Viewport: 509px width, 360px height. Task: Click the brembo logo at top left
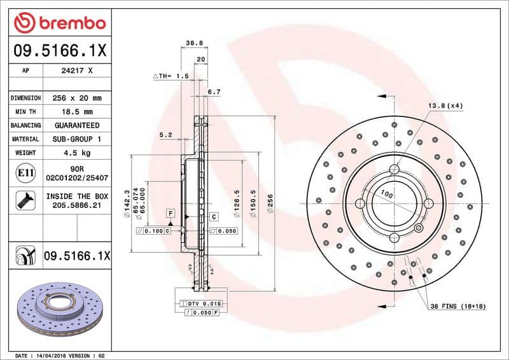pyautogui.click(x=59, y=24)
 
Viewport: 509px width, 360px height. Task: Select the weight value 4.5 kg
pyautogui.click(x=77, y=153)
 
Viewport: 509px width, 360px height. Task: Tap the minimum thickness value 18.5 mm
pyautogui.click(x=77, y=112)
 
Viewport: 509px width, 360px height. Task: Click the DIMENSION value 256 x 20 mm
pyautogui.click(x=77, y=99)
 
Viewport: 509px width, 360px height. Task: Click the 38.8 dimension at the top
pyautogui.click(x=193, y=43)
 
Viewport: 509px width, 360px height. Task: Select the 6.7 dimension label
pyautogui.click(x=214, y=92)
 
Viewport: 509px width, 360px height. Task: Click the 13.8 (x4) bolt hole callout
pyautogui.click(x=445, y=105)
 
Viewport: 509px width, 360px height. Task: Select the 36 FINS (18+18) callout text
pyautogui.click(x=457, y=307)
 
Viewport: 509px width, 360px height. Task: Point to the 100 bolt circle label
pyautogui.click(x=386, y=193)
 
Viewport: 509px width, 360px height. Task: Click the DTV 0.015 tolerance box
pyautogui.click(x=204, y=305)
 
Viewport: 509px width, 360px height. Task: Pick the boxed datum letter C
pyautogui.click(x=214, y=216)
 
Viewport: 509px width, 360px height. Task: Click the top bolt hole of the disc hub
pyautogui.click(x=394, y=170)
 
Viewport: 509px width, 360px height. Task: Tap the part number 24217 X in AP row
pyautogui.click(x=77, y=71)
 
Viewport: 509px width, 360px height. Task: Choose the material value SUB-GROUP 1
pyautogui.click(x=77, y=139)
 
